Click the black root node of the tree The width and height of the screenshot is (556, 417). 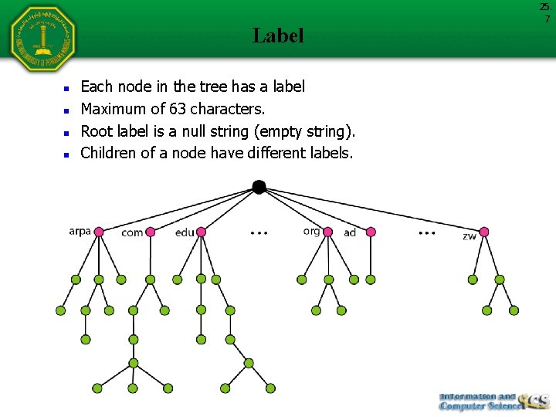coord(259,187)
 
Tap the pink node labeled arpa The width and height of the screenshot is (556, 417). coord(98,232)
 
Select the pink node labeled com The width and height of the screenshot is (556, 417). coord(151,232)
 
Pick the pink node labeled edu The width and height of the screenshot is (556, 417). coord(202,232)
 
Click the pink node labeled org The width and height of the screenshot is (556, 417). coord(328,232)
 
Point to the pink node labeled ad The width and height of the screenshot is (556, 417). coord(371,232)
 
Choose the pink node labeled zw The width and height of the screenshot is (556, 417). coord(484,232)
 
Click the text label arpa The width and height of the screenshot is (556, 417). coord(80,231)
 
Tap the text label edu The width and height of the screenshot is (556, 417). coord(185,232)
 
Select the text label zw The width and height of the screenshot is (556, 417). coord(470,236)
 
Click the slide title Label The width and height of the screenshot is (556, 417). coord(278,36)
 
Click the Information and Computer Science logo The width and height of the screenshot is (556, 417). coord(493,402)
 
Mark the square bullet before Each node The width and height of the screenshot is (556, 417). coord(68,88)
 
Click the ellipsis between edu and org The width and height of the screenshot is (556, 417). coord(259,232)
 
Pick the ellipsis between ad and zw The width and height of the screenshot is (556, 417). coord(426,232)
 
